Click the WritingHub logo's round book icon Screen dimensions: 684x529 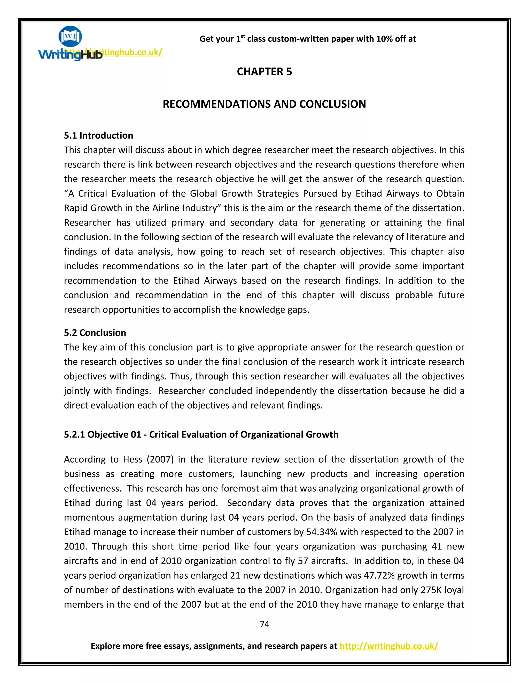click(70, 36)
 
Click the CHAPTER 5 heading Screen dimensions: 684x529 click(264, 72)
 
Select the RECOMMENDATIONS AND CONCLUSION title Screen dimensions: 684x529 click(264, 104)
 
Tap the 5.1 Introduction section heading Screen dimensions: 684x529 click(98, 135)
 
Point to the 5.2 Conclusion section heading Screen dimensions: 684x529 click(95, 333)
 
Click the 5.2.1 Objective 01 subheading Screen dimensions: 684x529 click(201, 434)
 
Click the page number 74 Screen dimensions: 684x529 click(264, 624)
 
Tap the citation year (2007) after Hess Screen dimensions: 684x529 click(160, 459)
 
